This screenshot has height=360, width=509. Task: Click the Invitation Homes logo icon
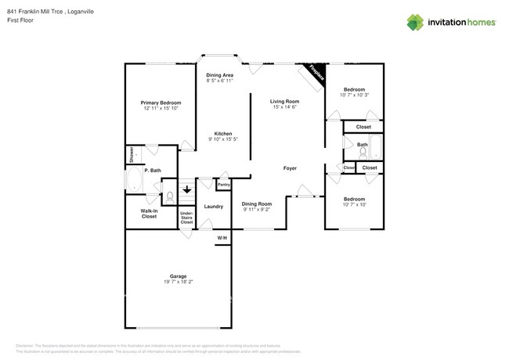point(415,22)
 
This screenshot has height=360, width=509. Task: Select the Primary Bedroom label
point(161,103)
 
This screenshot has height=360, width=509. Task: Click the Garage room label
point(179,276)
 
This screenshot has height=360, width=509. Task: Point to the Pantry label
point(223,185)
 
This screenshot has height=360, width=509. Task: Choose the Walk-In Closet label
point(149,214)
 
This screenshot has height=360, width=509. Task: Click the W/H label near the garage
point(222,238)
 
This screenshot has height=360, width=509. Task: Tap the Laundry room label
point(214,206)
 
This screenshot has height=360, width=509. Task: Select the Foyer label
point(290,167)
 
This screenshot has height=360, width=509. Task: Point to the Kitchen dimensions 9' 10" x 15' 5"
point(223,139)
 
